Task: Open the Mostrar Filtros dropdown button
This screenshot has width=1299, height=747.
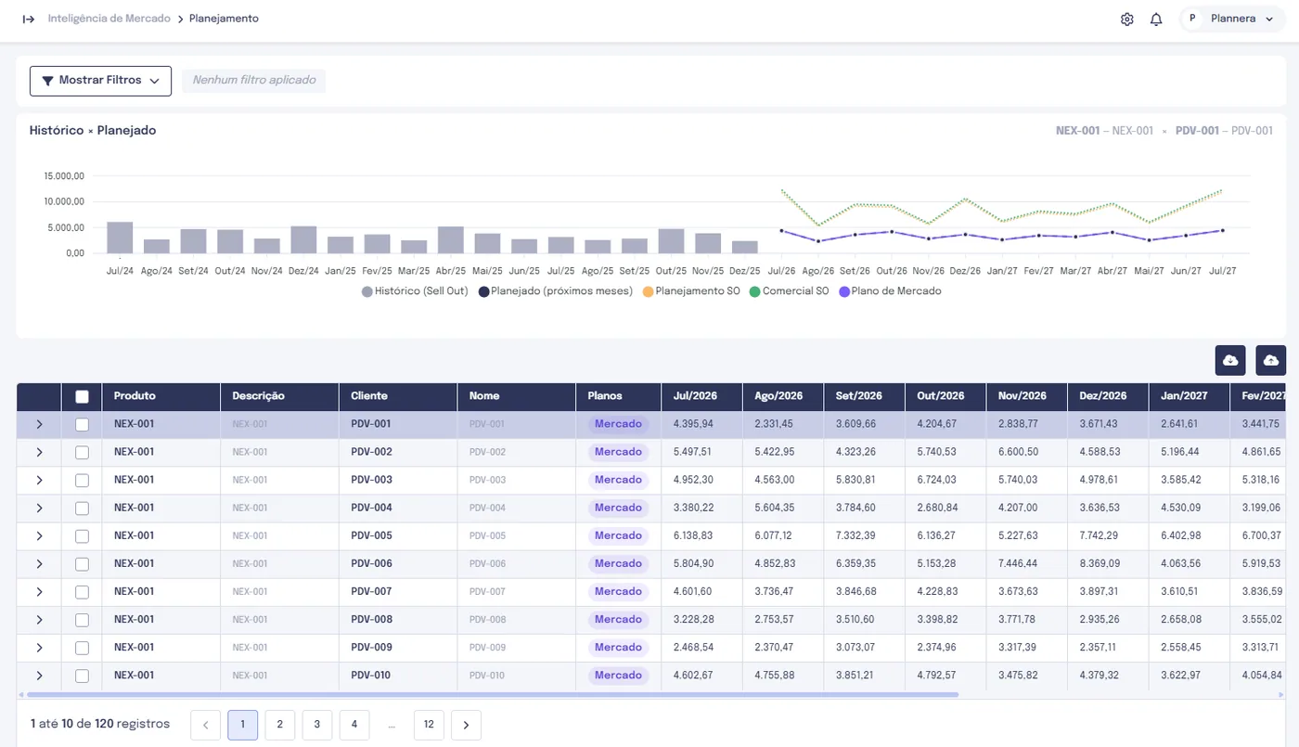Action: [x=100, y=81]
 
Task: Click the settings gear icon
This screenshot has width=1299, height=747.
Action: [x=1126, y=19]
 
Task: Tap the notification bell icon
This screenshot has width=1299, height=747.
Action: [x=1156, y=19]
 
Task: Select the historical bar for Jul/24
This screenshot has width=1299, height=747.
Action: [x=120, y=238]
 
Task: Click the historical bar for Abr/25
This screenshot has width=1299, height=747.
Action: [x=451, y=240]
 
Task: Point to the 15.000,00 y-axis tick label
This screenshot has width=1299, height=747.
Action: [x=64, y=175]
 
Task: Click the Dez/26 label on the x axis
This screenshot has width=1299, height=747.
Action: [x=965, y=271]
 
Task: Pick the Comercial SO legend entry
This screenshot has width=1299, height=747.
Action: [x=790, y=291]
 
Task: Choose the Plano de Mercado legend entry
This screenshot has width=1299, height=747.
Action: [x=890, y=291]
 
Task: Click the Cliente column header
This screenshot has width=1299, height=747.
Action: [x=369, y=396]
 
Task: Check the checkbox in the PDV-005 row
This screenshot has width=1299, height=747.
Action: [x=82, y=536]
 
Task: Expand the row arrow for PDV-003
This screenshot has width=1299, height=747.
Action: [x=39, y=481]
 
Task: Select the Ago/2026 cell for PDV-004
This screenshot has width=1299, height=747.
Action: [x=774, y=508]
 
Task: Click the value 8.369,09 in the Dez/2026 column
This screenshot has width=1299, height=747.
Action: [x=1100, y=563]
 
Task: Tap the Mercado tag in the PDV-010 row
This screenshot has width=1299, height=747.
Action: [x=618, y=676]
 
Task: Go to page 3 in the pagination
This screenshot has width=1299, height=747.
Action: [x=316, y=725]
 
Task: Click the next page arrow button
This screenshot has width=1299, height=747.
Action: [x=466, y=725]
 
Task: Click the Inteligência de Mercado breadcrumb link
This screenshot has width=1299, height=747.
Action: [x=109, y=19]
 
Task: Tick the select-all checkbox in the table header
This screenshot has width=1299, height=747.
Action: [x=82, y=397]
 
